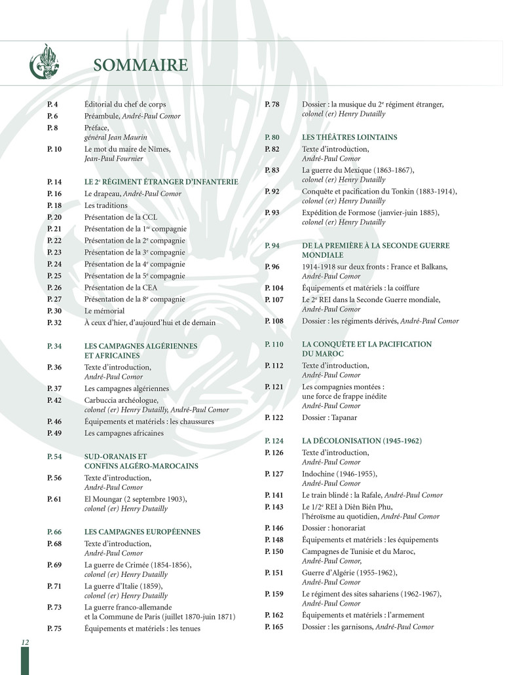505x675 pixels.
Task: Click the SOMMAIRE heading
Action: [x=141, y=65]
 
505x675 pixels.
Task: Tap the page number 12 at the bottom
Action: [x=25, y=643]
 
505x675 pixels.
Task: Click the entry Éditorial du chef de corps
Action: [x=125, y=104]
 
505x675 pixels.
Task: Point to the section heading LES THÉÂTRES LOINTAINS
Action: [x=349, y=137]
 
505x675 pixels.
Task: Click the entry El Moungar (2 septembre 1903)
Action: [x=136, y=500]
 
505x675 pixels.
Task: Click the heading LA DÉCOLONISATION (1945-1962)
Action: [x=362, y=441]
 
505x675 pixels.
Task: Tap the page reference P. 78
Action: [x=272, y=105]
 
